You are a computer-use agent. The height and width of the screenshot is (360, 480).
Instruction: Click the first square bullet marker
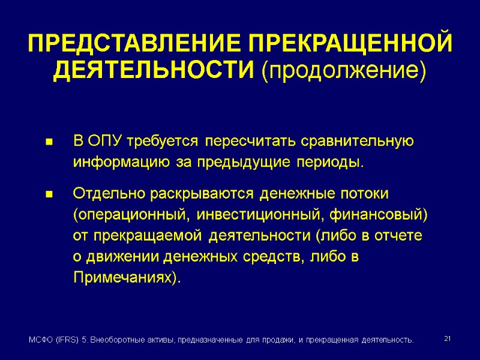tap(49, 143)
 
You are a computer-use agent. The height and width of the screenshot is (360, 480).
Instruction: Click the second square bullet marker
tap(49, 195)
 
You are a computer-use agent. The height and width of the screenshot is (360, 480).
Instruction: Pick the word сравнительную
tap(349, 142)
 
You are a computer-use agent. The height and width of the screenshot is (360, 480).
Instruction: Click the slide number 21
tap(446, 340)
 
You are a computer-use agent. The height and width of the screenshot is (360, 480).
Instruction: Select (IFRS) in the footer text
tap(64, 340)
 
